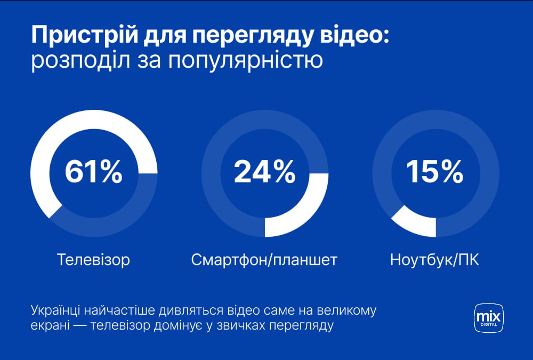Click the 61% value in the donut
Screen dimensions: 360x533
[x=94, y=172]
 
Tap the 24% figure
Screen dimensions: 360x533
[x=264, y=172]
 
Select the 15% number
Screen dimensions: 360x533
[x=435, y=172]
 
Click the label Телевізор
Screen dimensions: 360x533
[x=94, y=260]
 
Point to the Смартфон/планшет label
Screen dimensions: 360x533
[x=264, y=260]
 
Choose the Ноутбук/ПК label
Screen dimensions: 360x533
[x=435, y=260]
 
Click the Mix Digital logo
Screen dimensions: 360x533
[x=488, y=318]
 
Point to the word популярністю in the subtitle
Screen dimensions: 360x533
[x=245, y=60]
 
